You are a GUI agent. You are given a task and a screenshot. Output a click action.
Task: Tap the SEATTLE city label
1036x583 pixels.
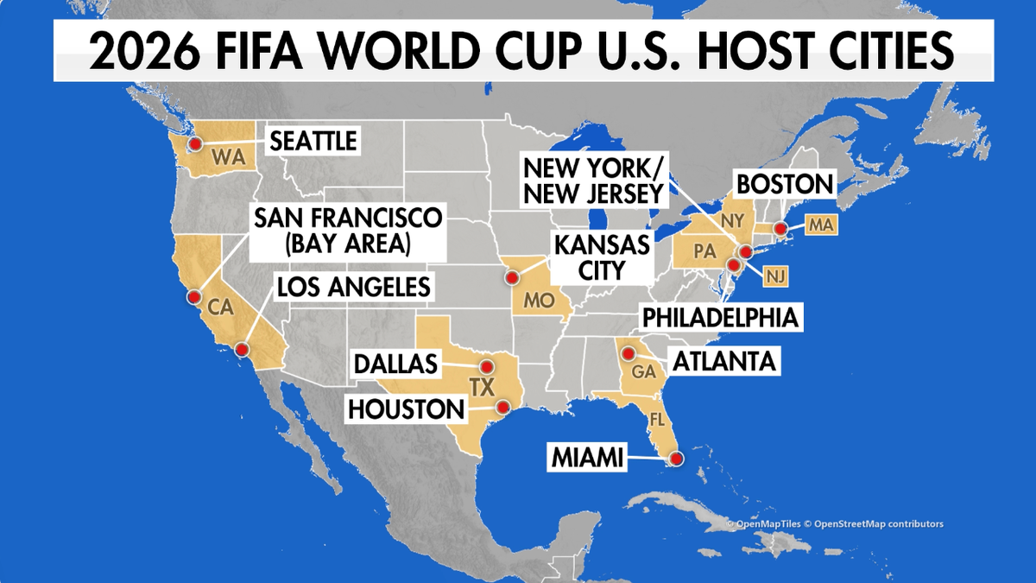tap(313, 141)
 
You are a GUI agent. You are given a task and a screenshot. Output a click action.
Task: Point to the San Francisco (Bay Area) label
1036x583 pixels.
tap(346, 231)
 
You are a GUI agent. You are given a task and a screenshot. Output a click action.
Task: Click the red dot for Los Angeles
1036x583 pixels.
tap(242, 350)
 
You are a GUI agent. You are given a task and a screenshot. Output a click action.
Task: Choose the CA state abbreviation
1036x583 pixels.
tap(217, 305)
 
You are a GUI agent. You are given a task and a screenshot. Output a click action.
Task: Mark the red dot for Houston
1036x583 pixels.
tap(502, 407)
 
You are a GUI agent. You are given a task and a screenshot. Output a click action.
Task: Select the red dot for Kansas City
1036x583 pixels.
tap(512, 277)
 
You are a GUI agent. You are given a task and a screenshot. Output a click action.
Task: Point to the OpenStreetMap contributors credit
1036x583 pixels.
tap(875, 523)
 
